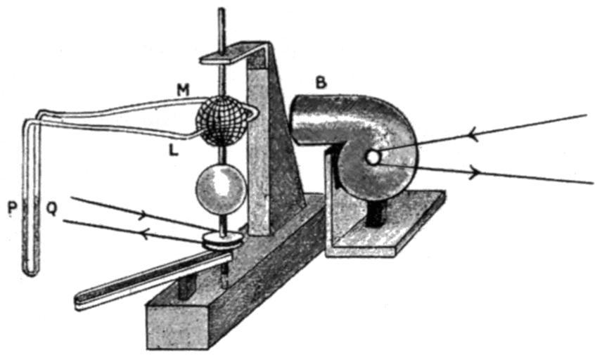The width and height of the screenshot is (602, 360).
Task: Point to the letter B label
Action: pyautogui.click(x=320, y=84)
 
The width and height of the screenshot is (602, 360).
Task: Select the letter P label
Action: pyautogui.click(x=13, y=210)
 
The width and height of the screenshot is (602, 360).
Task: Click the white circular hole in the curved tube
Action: pyautogui.click(x=373, y=158)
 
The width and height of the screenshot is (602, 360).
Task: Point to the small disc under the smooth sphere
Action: pyautogui.click(x=222, y=240)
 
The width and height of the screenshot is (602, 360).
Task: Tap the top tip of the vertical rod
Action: pyautogui.click(x=222, y=10)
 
